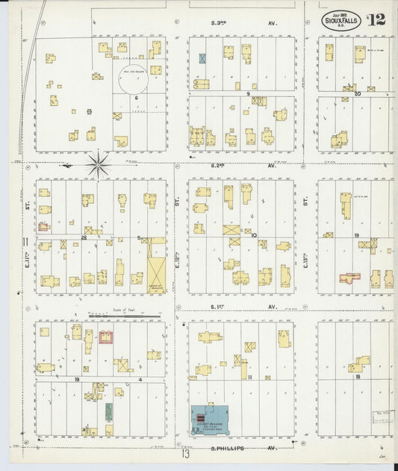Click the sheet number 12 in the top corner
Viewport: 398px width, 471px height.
pyautogui.click(x=376, y=19)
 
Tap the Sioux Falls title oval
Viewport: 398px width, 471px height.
pyautogui.click(x=342, y=21)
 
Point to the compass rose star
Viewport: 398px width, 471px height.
pyautogui.click(x=97, y=163)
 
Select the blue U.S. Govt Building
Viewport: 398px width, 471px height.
pyautogui.click(x=210, y=421)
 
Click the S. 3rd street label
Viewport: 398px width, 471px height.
pyautogui.click(x=219, y=23)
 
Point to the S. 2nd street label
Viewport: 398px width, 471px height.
pyautogui.click(x=219, y=166)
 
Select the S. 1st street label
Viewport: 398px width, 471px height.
pyautogui.click(x=219, y=307)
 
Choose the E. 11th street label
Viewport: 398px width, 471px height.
pyautogui.click(x=27, y=259)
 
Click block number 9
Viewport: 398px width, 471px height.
pyautogui.click(x=247, y=93)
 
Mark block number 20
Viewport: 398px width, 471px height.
pyautogui.click(x=357, y=93)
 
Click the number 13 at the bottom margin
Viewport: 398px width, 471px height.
pyautogui.click(x=186, y=453)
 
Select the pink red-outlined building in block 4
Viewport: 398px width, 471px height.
pyautogui.click(x=106, y=337)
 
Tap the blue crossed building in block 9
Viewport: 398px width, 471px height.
pyautogui.click(x=202, y=57)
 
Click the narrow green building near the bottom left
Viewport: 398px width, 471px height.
pyautogui.click(x=109, y=411)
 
